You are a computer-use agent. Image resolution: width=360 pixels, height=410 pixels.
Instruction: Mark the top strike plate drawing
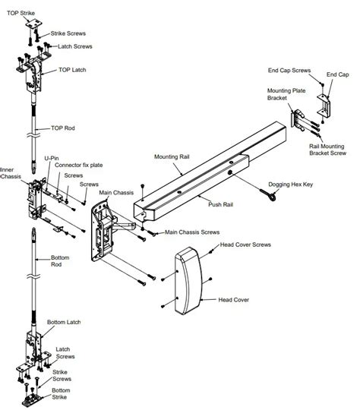click(33, 26)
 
